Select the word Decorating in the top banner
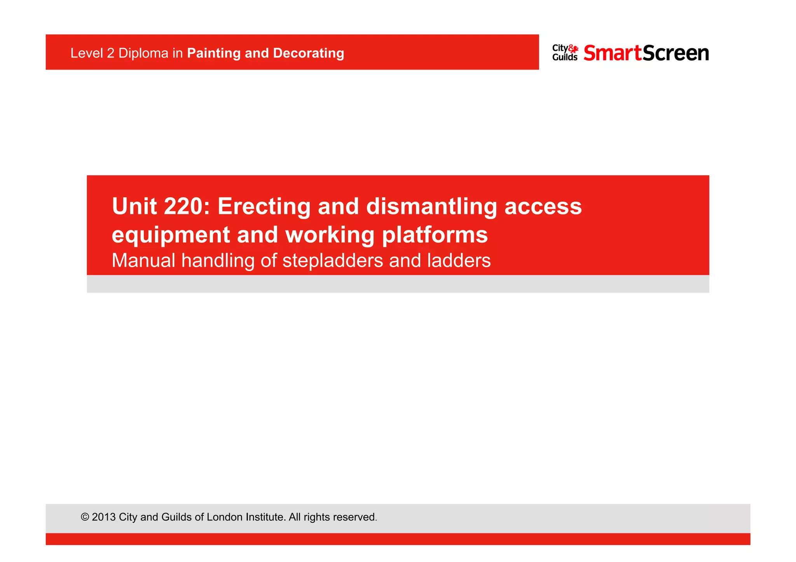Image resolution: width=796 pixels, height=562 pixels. coord(309,53)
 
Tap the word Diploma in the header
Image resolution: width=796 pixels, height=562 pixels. coord(143,53)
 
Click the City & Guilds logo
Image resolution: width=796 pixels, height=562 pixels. coord(565,53)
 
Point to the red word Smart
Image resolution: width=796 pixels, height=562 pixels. coord(613,53)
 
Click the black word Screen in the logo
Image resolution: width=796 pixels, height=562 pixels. coord(676,53)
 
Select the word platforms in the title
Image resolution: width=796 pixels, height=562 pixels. coord(435,235)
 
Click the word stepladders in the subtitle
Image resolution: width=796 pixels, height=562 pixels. coord(333,260)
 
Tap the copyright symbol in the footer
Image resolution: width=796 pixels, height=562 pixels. coord(85,517)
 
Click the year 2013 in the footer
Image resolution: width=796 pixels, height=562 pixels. coord(104,517)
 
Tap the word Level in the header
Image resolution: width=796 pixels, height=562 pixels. coord(87,53)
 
